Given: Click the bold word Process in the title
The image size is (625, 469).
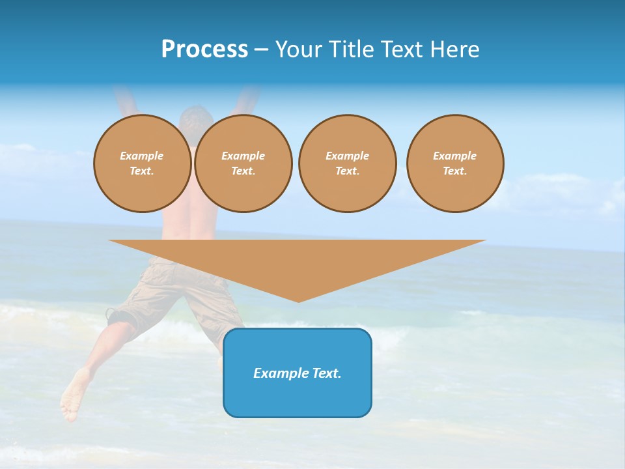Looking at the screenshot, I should (x=204, y=50).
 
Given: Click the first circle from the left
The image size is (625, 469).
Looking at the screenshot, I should (x=142, y=163).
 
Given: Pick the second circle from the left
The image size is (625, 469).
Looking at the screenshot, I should (x=243, y=163).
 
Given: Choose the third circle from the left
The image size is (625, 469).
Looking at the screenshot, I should (x=347, y=163).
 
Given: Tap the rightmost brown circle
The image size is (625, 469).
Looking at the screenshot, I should (x=455, y=163).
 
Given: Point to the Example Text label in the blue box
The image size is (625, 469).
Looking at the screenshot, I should (x=298, y=373).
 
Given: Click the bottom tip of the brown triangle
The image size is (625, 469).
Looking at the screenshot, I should (x=298, y=301).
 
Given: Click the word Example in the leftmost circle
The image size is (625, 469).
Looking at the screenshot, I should (x=142, y=156).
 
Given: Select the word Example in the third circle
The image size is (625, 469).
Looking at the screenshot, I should (x=347, y=156).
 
